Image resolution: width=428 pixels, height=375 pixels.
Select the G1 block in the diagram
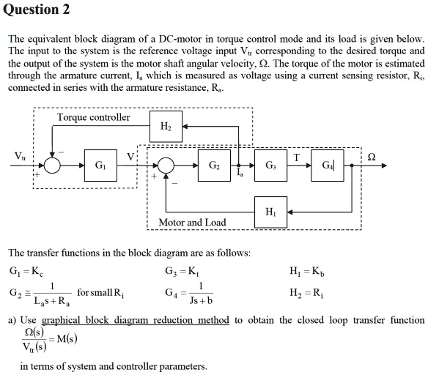[x=97, y=166]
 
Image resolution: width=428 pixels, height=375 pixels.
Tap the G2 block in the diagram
[x=213, y=165]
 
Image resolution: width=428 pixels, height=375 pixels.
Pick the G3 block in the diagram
[x=268, y=165]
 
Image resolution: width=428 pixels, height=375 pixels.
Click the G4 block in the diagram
[x=325, y=165]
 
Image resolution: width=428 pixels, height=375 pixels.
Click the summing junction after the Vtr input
[x=52, y=166]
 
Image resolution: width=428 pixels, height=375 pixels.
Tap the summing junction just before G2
[x=166, y=166]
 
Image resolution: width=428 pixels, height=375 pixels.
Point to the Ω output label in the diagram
[x=372, y=156]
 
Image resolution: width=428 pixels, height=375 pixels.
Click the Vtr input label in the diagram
[x=23, y=155]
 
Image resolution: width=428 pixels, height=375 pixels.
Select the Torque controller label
[x=93, y=117]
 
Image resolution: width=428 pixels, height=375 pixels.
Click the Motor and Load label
[x=193, y=222]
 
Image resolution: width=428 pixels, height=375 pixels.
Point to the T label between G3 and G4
[x=295, y=157]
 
